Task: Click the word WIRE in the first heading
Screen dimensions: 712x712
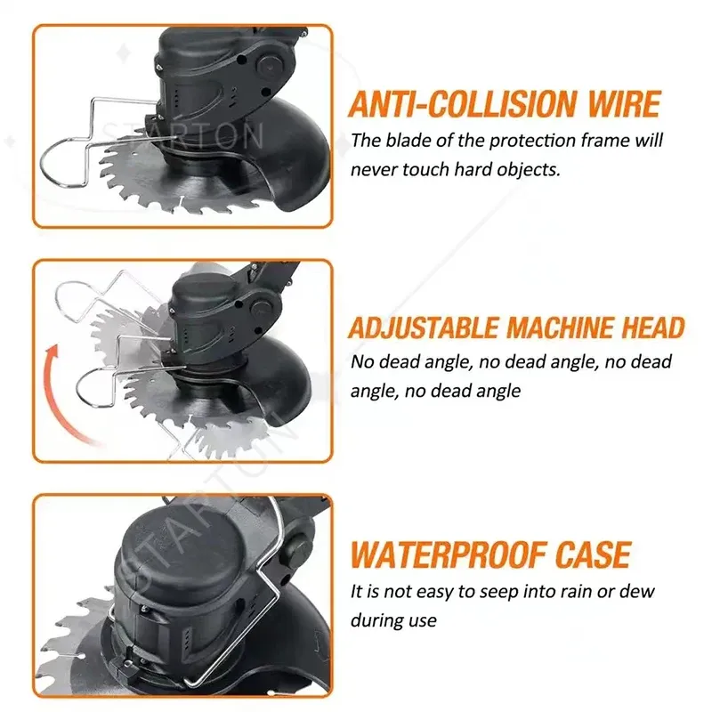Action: [624, 104]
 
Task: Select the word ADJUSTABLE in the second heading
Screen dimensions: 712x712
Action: [424, 328]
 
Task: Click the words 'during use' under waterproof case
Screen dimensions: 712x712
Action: [393, 619]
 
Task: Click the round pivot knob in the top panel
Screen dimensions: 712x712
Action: [269, 65]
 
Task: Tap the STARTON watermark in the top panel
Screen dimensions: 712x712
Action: [183, 135]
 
